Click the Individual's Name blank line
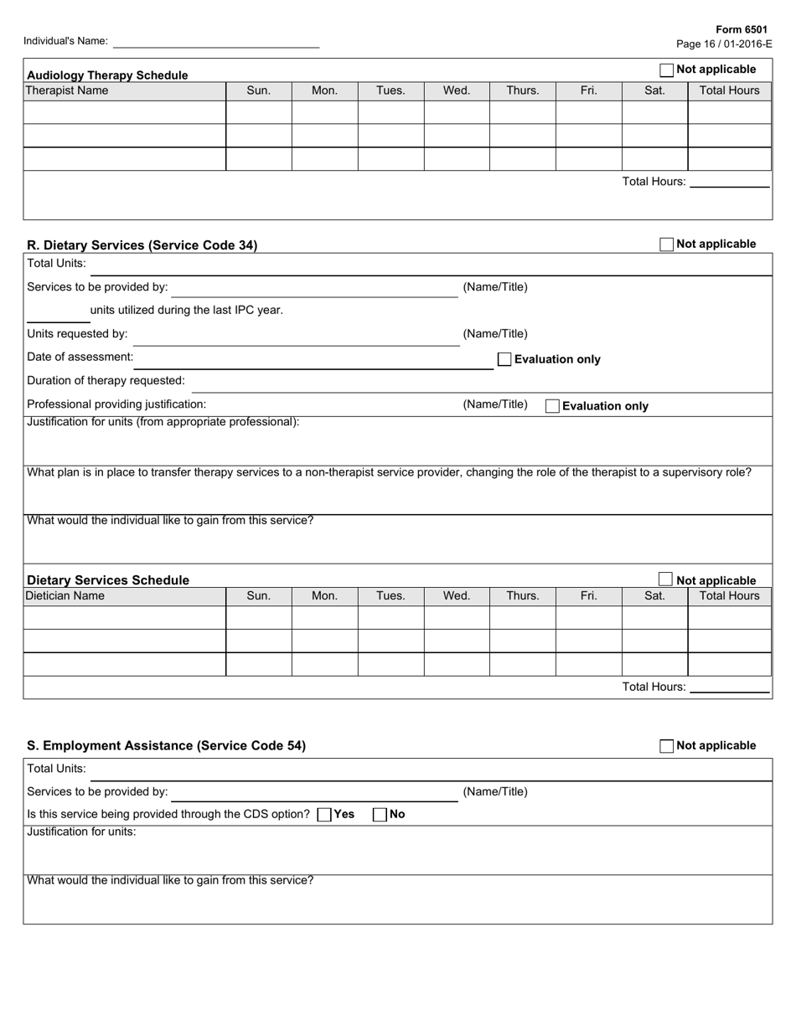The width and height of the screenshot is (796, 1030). (215, 41)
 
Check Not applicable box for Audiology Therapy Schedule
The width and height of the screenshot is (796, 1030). (667, 70)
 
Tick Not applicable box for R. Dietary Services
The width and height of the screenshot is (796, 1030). (667, 245)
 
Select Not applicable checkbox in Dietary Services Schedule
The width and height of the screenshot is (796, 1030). (665, 579)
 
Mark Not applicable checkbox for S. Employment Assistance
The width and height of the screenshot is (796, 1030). (667, 746)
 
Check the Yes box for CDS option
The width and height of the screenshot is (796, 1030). (324, 814)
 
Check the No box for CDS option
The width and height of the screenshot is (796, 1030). (380, 814)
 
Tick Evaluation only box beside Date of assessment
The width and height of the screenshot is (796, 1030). (504, 359)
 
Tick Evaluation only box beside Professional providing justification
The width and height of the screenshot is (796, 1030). (553, 406)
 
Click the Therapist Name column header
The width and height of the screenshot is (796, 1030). (67, 90)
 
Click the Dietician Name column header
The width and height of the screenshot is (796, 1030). (65, 595)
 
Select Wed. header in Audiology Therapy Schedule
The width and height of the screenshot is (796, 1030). (457, 90)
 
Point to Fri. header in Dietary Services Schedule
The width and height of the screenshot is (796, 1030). (588, 595)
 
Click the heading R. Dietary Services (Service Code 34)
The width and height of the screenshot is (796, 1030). (142, 245)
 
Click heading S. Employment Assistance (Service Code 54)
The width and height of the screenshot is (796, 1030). (167, 745)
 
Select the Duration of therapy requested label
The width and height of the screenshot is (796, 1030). (106, 380)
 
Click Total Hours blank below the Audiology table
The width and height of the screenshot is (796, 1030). (729, 182)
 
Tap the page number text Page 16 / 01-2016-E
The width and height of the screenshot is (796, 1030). (724, 44)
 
